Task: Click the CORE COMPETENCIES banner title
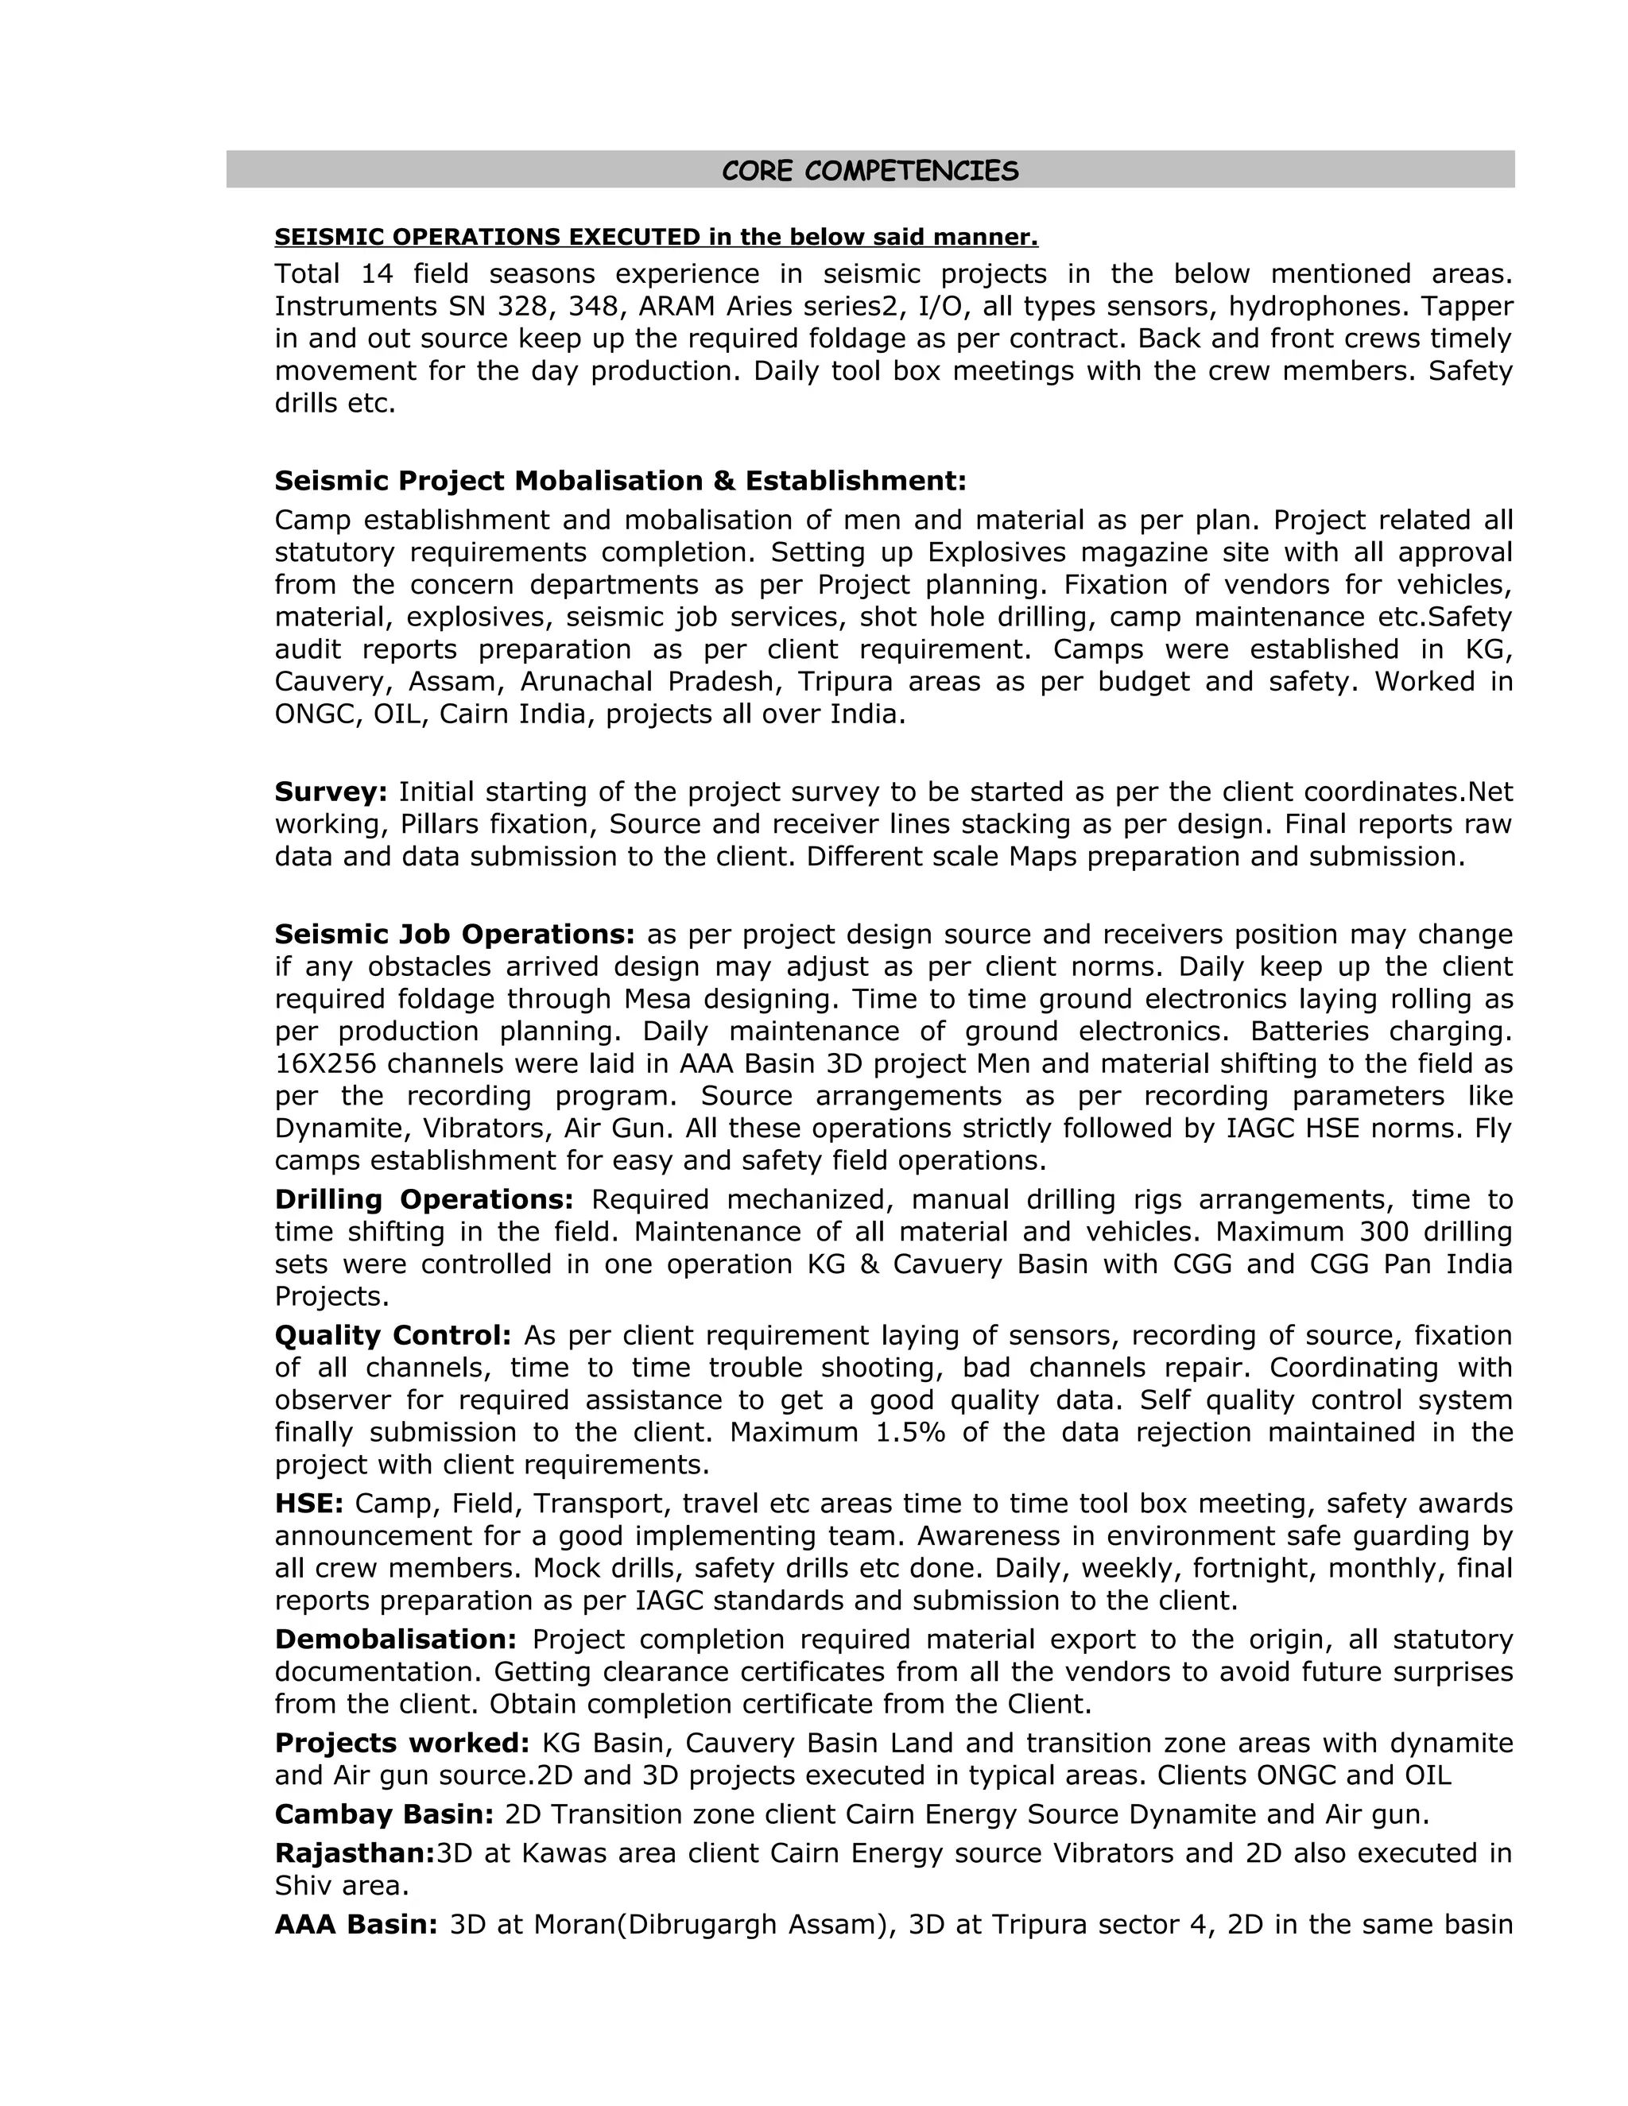pos(870,171)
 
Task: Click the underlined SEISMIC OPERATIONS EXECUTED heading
pos(656,237)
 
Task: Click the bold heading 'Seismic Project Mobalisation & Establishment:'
pos(620,480)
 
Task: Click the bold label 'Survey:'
pos(331,792)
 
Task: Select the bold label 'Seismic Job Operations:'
pos(454,935)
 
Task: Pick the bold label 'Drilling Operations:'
pos(424,1199)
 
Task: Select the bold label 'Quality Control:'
pos(393,1336)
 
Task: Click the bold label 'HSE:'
pos(308,1504)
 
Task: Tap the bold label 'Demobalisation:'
pos(395,1640)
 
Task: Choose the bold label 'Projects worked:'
pos(402,1744)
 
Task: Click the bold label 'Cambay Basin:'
pos(384,1815)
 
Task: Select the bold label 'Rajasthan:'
pos(354,1853)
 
